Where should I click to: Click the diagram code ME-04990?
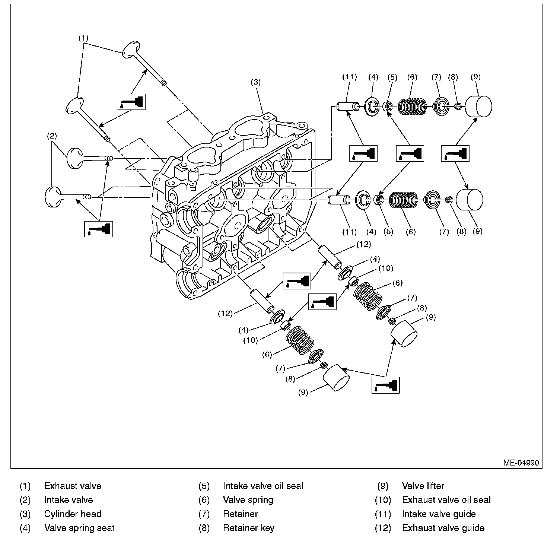tap(521, 463)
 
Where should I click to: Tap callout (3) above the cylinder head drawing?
tap(256, 82)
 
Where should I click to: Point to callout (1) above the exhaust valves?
tap(83, 38)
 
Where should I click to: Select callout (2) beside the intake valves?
tap(52, 136)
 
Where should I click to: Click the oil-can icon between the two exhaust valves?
tap(131, 102)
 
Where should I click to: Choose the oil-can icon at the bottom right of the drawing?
tap(386, 385)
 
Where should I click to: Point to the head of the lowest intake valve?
tap(52, 196)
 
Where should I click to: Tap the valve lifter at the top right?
tap(479, 106)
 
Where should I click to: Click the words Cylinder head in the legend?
tap(73, 514)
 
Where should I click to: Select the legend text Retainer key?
tap(248, 528)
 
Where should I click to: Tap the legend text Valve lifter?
tap(423, 486)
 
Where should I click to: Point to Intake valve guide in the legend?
tap(439, 514)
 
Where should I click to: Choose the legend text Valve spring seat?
tap(79, 528)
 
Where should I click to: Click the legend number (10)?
tap(383, 500)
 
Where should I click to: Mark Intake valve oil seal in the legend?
tap(263, 486)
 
